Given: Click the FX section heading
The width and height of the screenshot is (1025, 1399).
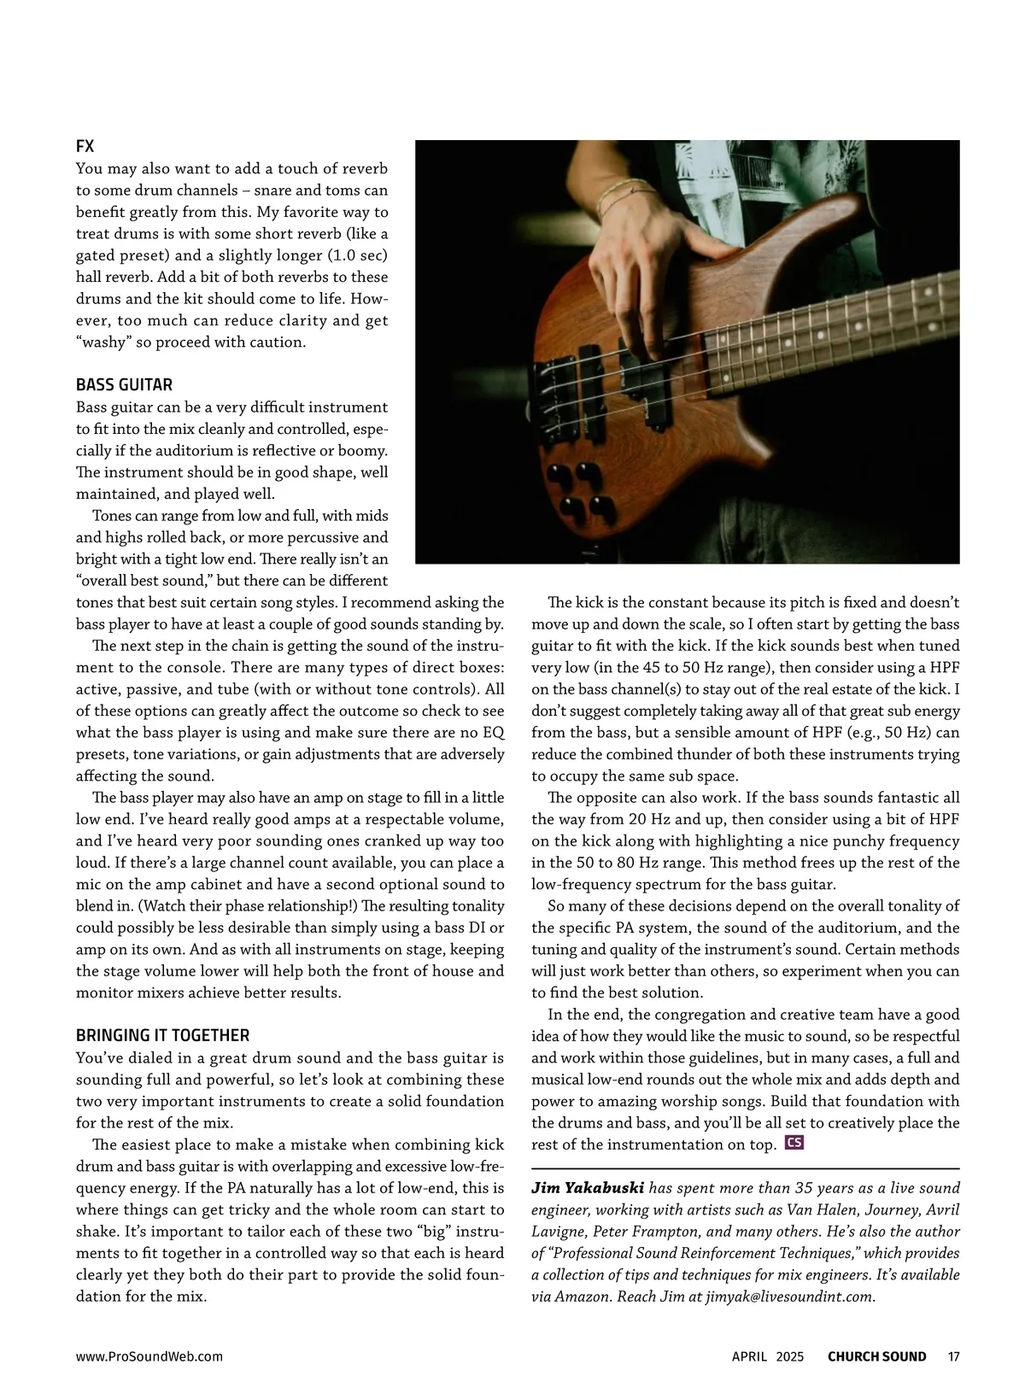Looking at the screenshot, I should (85, 147).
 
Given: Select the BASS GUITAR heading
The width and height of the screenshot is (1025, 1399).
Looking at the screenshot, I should (124, 385).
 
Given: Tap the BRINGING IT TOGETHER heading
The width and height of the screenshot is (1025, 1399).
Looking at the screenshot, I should (162, 1036).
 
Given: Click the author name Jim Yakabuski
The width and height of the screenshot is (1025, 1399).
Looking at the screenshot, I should (588, 1188).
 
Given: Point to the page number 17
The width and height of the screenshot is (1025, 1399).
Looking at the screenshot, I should (953, 1356).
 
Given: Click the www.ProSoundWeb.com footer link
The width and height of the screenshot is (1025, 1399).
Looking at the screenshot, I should (149, 1356).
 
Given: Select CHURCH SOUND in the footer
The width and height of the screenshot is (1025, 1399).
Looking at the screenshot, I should (876, 1356).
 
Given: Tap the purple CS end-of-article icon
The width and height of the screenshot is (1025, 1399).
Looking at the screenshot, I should (794, 1143).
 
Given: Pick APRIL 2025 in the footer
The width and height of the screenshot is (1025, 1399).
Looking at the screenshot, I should (767, 1356).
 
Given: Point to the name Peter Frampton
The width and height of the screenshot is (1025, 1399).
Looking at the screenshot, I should (645, 1232).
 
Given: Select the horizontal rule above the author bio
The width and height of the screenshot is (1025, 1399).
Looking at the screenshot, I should (745, 1168).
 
